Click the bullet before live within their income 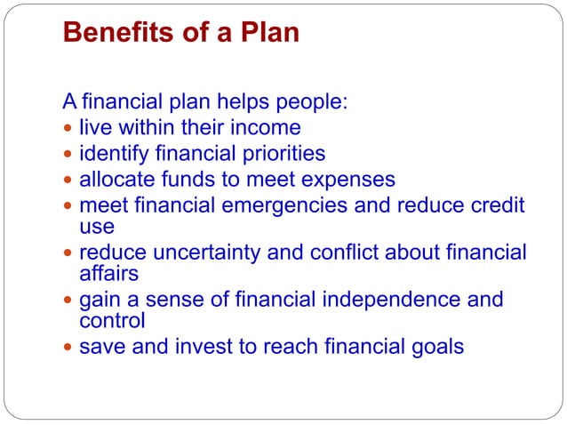(x=69, y=128)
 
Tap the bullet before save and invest (x=69, y=346)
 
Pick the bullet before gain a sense (x=69, y=300)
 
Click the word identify (x=112, y=153)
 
